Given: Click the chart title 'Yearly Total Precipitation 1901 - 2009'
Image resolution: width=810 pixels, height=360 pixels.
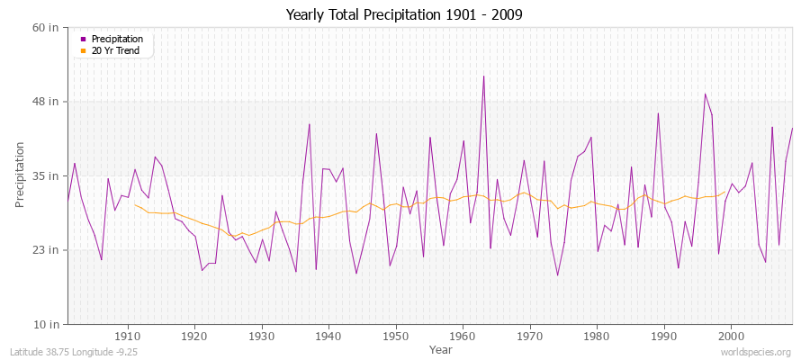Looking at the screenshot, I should point(404,15).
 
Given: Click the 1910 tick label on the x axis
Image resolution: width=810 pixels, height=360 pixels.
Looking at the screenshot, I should point(128,336).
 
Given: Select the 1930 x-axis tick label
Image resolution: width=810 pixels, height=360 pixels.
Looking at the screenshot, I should point(262,336).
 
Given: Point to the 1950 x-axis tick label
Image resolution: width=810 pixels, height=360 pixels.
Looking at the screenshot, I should point(396,336).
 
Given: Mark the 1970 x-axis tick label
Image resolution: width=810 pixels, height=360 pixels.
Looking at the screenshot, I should point(530,336).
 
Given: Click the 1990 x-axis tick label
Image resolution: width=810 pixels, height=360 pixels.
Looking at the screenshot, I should point(664,336).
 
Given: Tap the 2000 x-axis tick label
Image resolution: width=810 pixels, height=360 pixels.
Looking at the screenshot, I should point(731,336).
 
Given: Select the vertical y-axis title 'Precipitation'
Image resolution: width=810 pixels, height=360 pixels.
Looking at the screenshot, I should point(21,175).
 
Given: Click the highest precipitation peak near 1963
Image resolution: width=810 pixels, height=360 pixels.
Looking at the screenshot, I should point(483,76).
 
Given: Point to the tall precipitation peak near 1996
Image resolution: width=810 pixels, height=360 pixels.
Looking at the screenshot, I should point(705,94).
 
